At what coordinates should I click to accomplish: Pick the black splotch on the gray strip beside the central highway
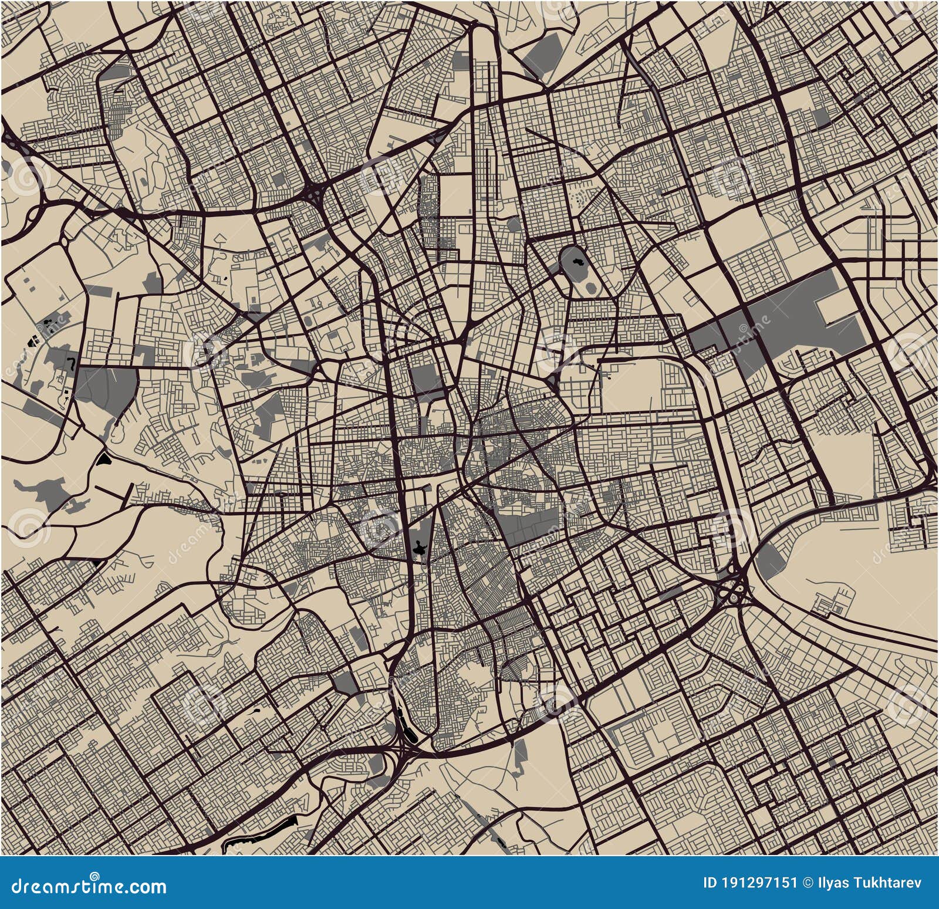[x=419, y=549]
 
